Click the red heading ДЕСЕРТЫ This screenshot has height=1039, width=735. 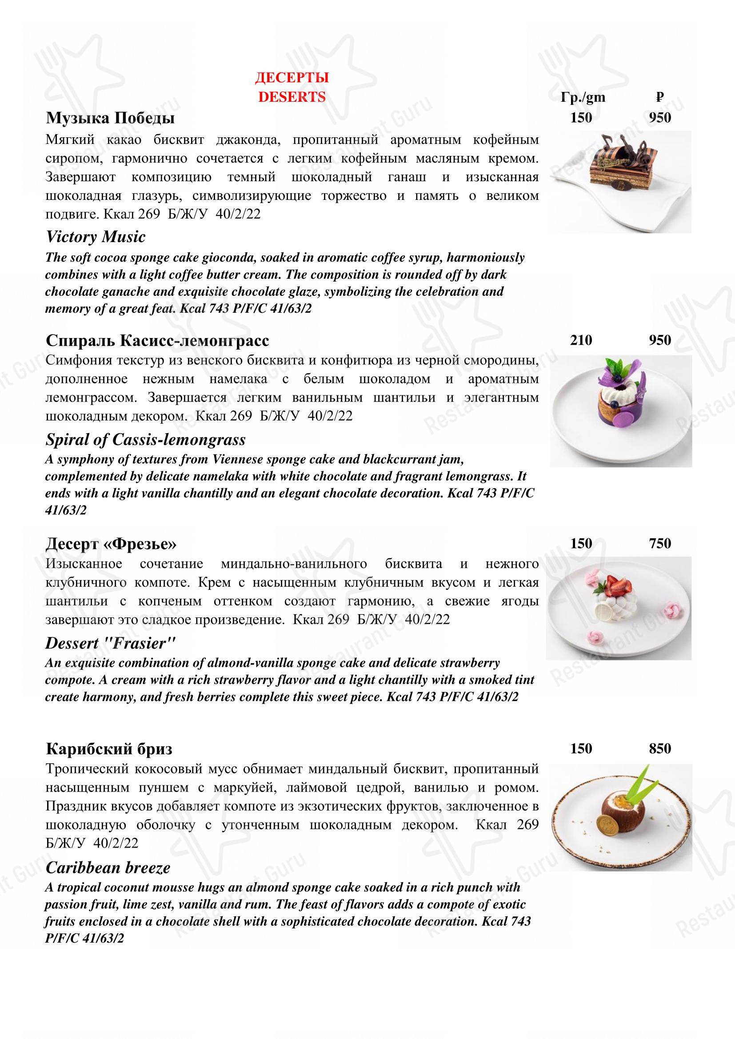click(292, 77)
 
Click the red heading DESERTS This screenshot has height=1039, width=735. click(292, 97)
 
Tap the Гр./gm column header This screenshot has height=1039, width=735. click(583, 97)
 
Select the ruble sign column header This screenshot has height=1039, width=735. click(660, 97)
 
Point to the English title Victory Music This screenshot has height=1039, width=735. click(96, 237)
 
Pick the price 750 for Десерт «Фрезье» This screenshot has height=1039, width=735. click(659, 543)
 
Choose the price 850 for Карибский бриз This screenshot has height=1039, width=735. click(659, 748)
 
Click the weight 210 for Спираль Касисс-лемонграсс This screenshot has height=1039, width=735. click(581, 340)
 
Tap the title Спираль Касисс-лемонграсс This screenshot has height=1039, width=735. click(157, 340)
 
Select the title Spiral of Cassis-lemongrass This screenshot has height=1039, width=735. click(145, 439)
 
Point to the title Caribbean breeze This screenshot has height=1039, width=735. click(108, 868)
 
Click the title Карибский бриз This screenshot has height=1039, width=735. click(108, 749)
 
